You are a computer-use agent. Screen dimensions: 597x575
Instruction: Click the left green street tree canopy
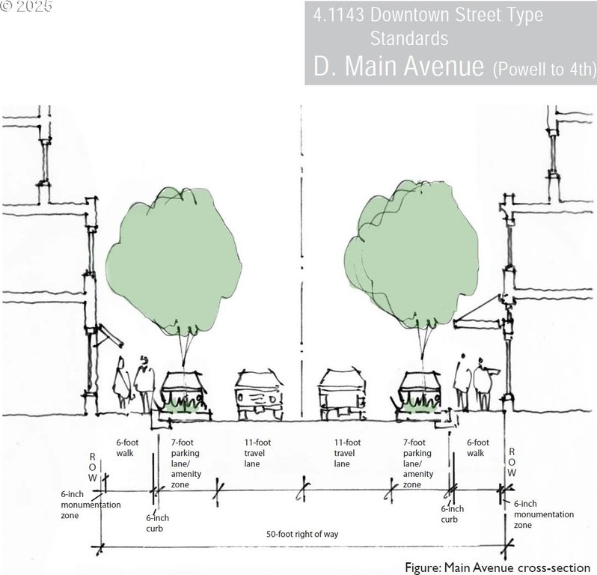174,263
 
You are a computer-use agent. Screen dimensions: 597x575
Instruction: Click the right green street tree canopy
411,255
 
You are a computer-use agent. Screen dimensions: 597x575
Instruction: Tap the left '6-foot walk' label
127,448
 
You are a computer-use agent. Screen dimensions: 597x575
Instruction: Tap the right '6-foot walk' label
478,448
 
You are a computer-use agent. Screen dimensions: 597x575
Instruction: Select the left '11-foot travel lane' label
257,453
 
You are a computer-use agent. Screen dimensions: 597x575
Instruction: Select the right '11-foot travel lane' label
347,453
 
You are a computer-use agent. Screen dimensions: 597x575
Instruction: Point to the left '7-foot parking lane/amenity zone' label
186,463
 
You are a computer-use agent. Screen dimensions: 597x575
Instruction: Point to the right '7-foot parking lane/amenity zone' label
418,463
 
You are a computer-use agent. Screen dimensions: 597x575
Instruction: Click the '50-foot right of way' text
302,535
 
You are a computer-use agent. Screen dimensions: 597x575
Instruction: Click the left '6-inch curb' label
157,523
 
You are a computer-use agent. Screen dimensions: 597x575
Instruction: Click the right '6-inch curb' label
453,514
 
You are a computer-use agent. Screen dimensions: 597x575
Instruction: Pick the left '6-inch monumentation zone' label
91,505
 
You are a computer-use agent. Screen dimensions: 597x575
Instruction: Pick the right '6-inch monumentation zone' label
544,514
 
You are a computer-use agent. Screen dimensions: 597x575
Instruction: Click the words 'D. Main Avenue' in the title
399,66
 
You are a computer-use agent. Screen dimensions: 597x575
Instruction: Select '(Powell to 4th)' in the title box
545,69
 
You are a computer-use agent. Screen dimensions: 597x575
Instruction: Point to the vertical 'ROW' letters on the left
93,467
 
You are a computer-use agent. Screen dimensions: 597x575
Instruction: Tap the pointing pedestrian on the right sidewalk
485,384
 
